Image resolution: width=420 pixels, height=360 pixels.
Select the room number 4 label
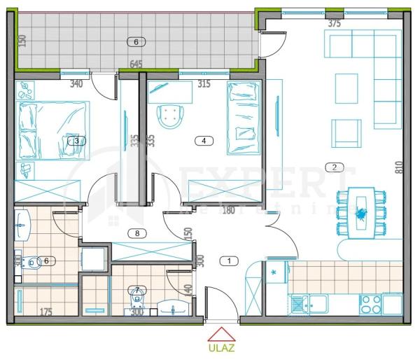click(203, 141)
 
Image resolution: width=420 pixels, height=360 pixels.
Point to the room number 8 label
click(137, 233)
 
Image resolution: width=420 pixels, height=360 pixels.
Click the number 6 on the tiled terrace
click(136, 41)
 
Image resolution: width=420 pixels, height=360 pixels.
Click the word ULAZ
click(220, 346)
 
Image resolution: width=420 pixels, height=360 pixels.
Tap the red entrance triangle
click(220, 333)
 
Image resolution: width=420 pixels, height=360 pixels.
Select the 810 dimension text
click(398, 167)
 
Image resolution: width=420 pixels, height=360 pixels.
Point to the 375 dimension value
click(334, 23)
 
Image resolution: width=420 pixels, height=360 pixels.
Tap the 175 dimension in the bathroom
click(45, 312)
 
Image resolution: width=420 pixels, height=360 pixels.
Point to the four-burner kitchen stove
click(371, 304)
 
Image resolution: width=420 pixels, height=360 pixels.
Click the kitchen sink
click(302, 303)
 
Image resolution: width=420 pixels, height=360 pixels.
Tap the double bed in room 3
click(52, 130)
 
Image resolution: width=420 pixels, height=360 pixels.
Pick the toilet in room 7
click(136, 297)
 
